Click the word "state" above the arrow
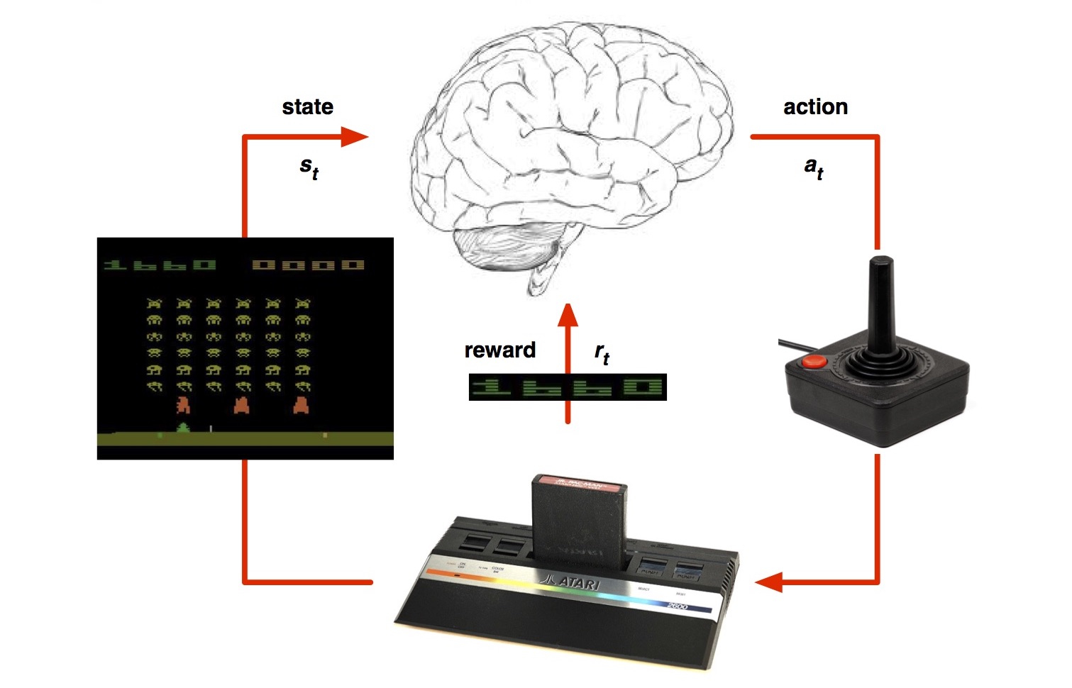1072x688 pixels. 307,107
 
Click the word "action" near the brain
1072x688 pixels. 815,107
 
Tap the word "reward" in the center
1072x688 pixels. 499,350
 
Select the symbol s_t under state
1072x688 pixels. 309,167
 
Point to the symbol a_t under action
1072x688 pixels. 814,167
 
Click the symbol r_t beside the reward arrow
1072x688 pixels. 602,353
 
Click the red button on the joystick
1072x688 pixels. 814,361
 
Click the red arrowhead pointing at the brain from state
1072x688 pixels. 355,136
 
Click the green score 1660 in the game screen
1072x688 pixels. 160,265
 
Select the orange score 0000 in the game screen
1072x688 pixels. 309,265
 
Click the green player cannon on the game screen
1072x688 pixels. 183,428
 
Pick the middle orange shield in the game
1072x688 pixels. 242,405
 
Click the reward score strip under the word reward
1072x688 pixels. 568,387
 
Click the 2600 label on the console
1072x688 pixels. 678,606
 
